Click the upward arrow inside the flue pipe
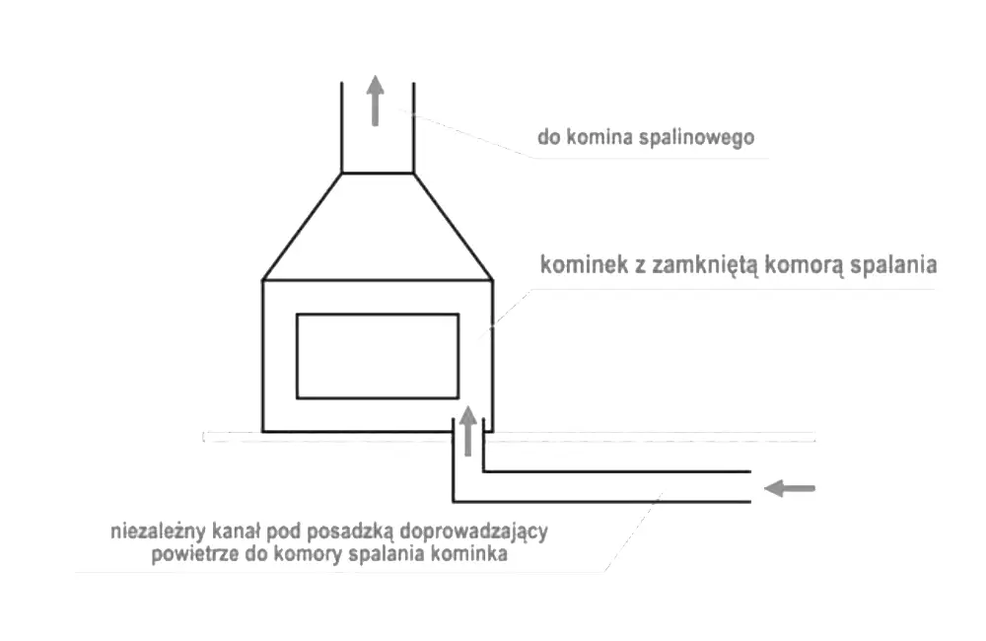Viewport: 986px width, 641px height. coord(376,100)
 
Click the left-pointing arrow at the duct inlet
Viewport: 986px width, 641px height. coord(791,487)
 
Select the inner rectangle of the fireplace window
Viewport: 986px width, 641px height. coord(378,356)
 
